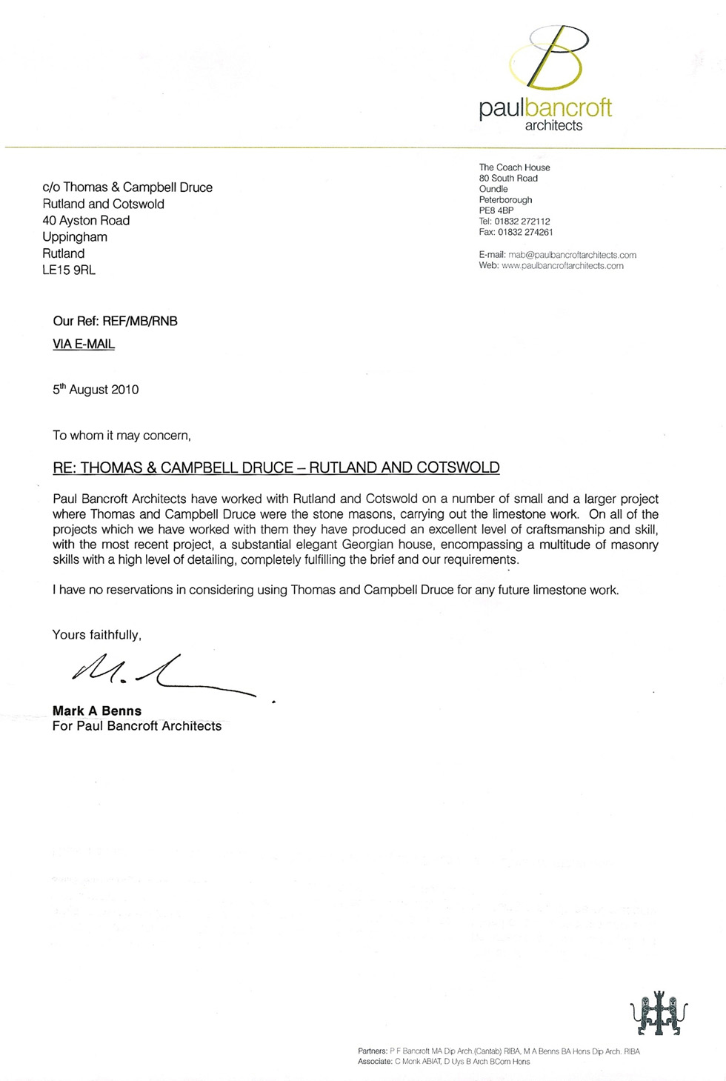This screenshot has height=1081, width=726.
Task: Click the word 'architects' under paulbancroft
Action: (553, 126)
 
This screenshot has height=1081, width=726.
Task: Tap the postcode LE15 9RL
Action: (69, 270)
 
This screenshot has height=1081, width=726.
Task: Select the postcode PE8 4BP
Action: (496, 210)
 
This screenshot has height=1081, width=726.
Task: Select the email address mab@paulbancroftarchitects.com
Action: (572, 255)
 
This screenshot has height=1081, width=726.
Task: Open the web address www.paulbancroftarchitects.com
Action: (562, 265)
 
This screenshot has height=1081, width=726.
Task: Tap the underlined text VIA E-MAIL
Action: (84, 344)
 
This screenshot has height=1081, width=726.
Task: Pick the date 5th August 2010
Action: (96, 390)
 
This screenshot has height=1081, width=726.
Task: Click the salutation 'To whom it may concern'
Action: (121, 436)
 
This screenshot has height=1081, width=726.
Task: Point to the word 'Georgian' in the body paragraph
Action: (367, 545)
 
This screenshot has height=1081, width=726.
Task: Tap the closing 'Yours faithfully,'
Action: (96, 635)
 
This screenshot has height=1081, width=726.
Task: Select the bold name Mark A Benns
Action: (97, 711)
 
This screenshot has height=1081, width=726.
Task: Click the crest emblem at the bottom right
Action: (659, 1013)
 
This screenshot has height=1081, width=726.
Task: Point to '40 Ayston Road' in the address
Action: (86, 220)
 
